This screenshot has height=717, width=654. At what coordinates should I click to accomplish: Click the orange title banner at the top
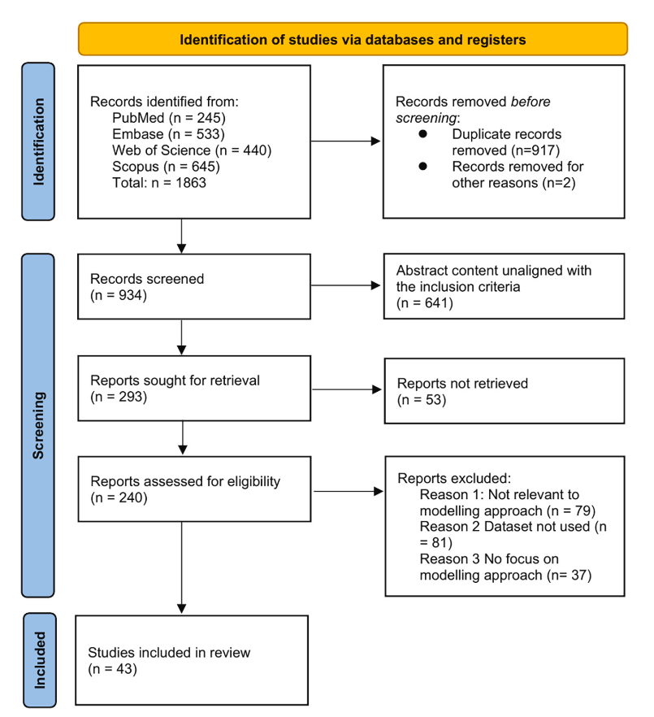point(353,39)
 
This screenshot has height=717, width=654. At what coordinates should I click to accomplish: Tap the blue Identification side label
point(38,141)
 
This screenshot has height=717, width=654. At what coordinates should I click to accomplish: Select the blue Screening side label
point(38,425)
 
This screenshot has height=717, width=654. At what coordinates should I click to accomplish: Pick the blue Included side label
point(40,660)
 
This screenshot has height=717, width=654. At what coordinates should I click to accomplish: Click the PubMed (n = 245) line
point(169,118)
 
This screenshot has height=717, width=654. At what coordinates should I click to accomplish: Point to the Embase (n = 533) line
point(168,134)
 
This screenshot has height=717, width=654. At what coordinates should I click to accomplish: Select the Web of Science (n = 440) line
point(192,150)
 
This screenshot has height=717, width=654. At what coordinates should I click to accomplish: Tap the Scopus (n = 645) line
point(166,167)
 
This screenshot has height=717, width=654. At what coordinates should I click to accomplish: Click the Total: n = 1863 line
point(159,182)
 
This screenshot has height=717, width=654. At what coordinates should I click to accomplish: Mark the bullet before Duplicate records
point(422,133)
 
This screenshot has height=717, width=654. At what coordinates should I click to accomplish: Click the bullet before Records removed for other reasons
point(422,166)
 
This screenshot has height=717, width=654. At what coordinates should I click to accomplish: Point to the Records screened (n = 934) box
point(194,287)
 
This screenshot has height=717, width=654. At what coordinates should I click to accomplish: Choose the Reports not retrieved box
point(505,391)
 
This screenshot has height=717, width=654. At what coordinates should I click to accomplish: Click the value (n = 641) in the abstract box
point(425,303)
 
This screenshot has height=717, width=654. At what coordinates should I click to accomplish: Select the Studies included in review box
point(192,660)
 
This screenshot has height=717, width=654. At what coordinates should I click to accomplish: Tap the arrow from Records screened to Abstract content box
point(345,285)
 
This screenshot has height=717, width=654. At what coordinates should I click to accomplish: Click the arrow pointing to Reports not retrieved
point(347,389)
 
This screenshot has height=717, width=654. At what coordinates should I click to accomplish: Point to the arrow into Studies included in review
point(181,567)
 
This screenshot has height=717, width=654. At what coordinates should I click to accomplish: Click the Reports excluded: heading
point(454,478)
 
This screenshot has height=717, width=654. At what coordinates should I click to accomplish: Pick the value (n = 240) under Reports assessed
point(119,498)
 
